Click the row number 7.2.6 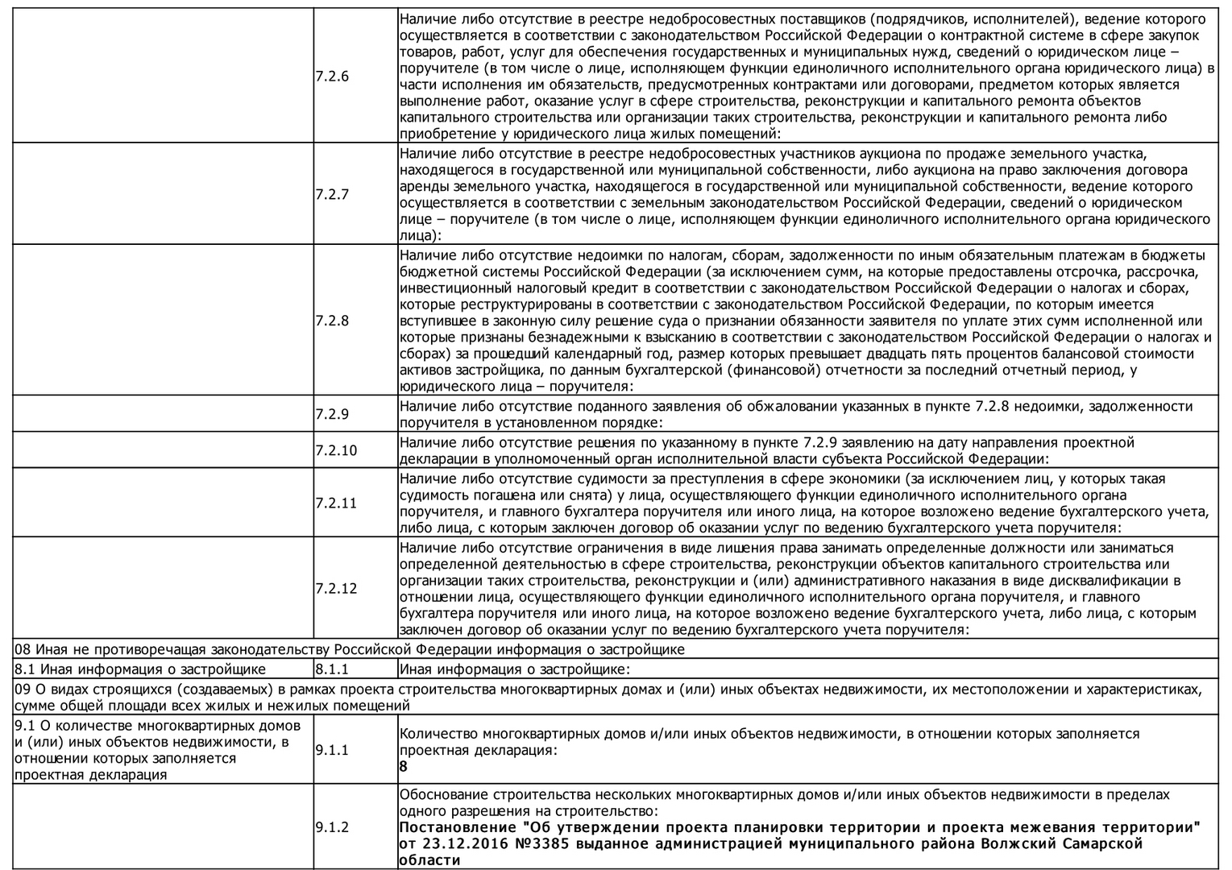[332, 77]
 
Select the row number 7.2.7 [332, 194]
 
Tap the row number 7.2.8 [332, 321]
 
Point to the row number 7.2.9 [332, 414]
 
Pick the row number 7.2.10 [336, 450]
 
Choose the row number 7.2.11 [336, 503]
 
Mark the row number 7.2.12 [336, 589]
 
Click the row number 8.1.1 [332, 669]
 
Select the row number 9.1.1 [332, 750]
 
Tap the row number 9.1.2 [332, 827]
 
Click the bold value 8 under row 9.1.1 [404, 767]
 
